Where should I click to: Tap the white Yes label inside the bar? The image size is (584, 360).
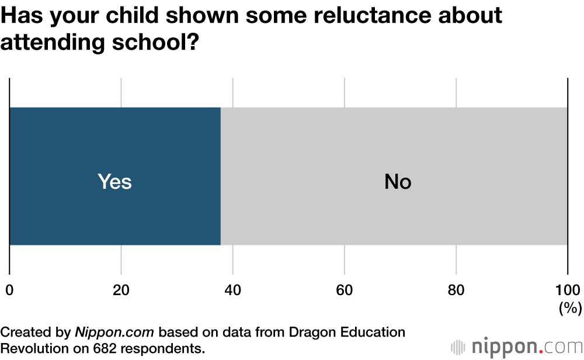click(114, 182)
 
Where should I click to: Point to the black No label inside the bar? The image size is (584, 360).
click(398, 182)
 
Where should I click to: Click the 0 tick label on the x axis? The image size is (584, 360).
click(9, 290)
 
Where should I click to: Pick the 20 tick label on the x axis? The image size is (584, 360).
click(121, 290)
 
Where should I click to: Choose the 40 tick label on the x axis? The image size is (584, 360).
click(232, 290)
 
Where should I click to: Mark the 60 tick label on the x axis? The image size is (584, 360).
click(344, 290)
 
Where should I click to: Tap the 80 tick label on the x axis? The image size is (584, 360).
click(456, 290)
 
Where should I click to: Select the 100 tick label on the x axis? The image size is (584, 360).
click(567, 290)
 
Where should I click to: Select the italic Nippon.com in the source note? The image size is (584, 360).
click(114, 333)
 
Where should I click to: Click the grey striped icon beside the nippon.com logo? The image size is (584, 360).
click(458, 347)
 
